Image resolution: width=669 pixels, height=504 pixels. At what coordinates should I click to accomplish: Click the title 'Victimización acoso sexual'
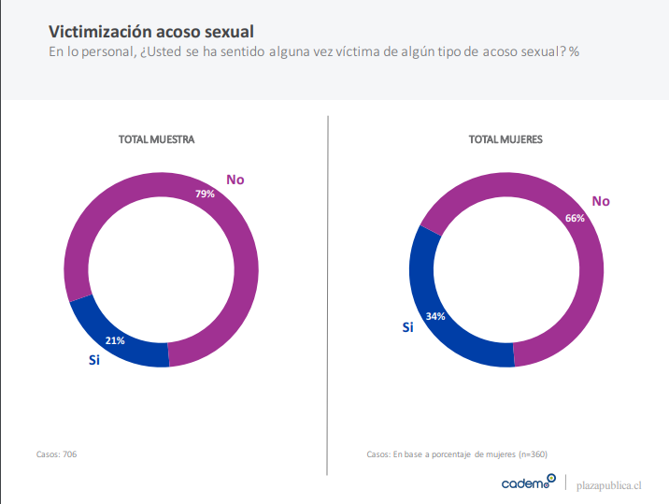click(150, 32)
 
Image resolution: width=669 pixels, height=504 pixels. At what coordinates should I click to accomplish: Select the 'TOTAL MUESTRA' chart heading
click(156, 138)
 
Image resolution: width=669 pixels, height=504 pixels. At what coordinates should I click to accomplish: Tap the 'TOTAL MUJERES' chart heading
click(505, 138)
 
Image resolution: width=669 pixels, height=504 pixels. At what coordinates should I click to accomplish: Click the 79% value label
click(205, 194)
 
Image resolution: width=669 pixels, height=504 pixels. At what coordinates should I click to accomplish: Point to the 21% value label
click(115, 340)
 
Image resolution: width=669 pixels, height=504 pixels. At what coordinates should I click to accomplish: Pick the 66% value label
click(575, 218)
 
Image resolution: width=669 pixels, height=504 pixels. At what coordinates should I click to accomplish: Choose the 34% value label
click(434, 316)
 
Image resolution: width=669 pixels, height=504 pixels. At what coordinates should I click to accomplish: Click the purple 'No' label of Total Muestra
click(235, 179)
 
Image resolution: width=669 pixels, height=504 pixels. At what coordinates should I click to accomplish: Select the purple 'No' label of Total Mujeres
click(601, 201)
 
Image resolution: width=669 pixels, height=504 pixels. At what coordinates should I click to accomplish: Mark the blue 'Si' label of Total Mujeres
click(407, 326)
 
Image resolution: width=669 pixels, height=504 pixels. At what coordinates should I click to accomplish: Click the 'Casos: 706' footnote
click(56, 454)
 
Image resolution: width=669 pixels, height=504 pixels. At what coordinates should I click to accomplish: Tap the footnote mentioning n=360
click(457, 454)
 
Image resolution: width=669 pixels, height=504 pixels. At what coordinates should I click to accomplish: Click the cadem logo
click(528, 482)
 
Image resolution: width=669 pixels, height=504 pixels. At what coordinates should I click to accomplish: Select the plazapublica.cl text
click(609, 484)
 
